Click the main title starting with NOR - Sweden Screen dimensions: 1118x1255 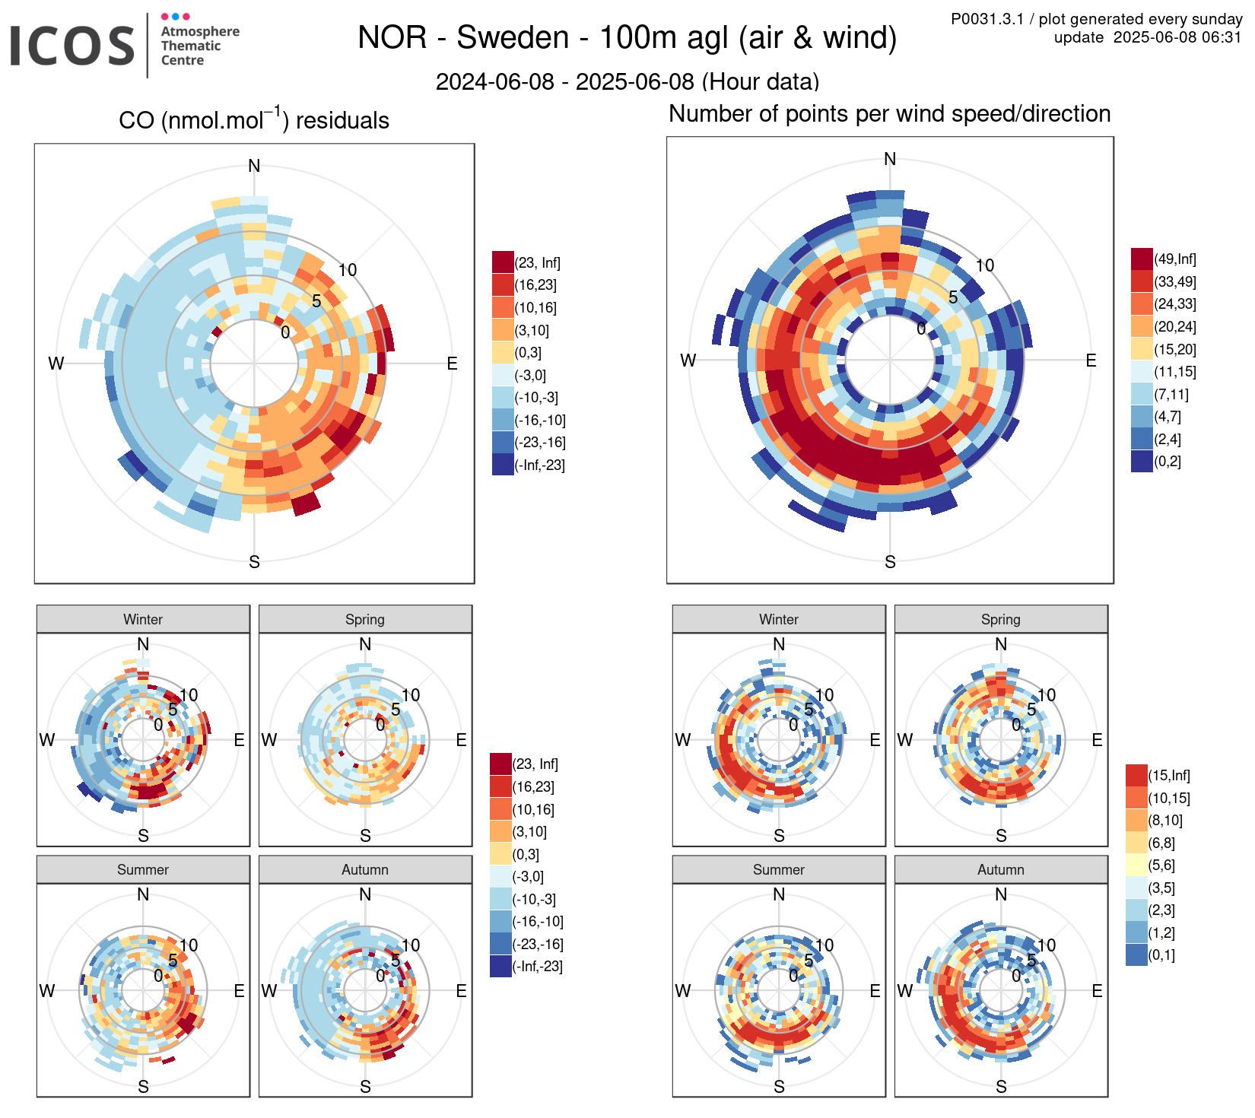(627, 38)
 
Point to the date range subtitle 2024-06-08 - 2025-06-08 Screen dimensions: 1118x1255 (627, 81)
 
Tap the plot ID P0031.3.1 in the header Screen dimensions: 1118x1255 (987, 19)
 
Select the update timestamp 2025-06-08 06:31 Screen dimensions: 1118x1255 (1177, 37)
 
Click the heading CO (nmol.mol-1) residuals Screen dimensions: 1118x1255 (254, 120)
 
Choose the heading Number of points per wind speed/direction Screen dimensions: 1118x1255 (889, 114)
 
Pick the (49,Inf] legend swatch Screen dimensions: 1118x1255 (1142, 259)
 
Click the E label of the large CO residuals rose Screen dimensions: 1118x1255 (452, 364)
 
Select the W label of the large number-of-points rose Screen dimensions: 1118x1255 (688, 360)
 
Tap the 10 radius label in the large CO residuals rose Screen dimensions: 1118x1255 (348, 270)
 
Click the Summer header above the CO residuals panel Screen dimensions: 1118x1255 (143, 869)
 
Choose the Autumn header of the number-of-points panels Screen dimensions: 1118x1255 (1000, 869)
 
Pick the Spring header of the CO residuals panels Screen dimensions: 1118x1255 (365, 619)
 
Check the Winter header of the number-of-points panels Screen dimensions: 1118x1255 (779, 619)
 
